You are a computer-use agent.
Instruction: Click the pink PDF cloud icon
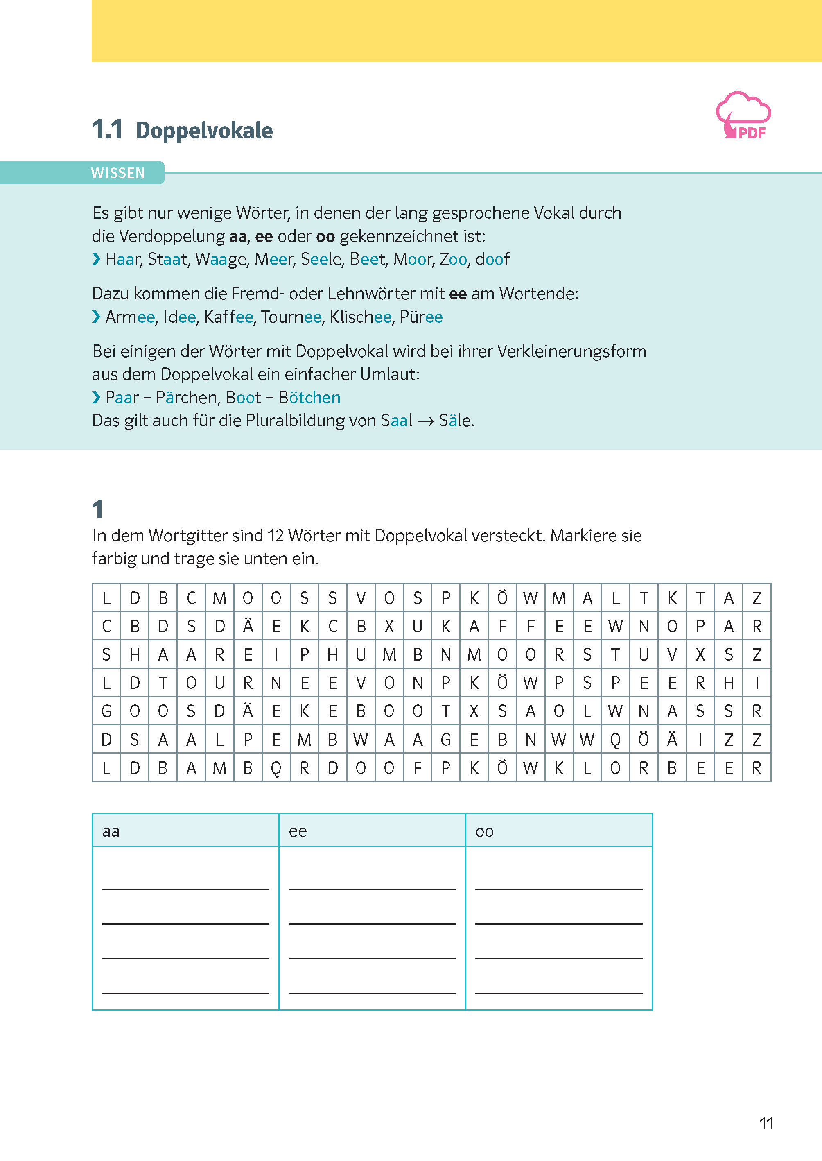tap(743, 115)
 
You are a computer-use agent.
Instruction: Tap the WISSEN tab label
tap(117, 173)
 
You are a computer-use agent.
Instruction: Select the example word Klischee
tap(360, 317)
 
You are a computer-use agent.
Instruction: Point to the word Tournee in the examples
tap(291, 317)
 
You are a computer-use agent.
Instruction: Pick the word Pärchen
tap(186, 398)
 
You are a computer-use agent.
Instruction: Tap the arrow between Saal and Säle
tap(425, 421)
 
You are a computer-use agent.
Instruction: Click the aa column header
tap(111, 831)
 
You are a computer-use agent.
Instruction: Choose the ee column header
tap(298, 831)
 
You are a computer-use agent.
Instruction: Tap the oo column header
tap(484, 831)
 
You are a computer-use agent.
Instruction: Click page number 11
tap(766, 1123)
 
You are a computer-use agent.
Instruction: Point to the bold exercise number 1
tap(98, 509)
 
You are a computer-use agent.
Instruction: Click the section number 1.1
tap(107, 130)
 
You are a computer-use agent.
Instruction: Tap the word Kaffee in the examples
tap(228, 317)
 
